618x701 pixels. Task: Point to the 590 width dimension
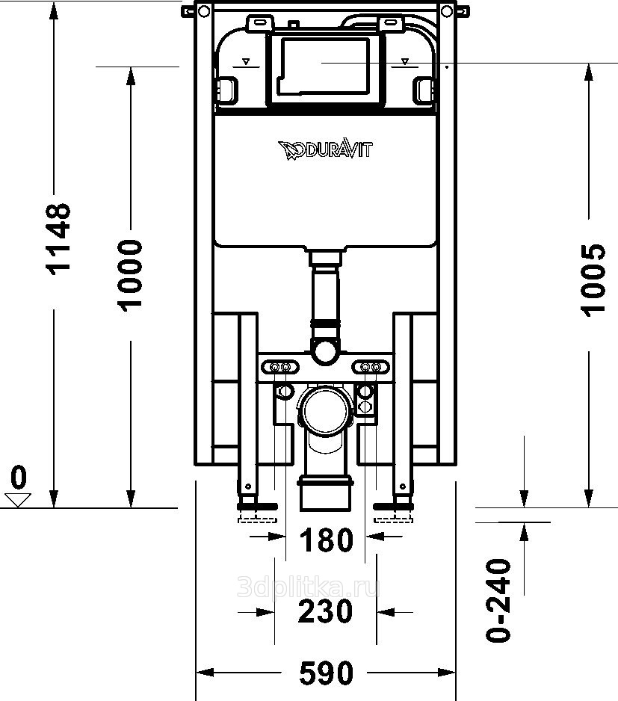point(326,673)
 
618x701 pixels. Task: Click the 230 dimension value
point(325,611)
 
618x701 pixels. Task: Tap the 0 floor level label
point(19,476)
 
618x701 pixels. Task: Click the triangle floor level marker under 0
point(17,499)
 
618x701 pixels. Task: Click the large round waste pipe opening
point(325,410)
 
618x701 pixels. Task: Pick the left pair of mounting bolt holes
point(281,367)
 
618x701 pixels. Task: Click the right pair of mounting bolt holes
point(370,367)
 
